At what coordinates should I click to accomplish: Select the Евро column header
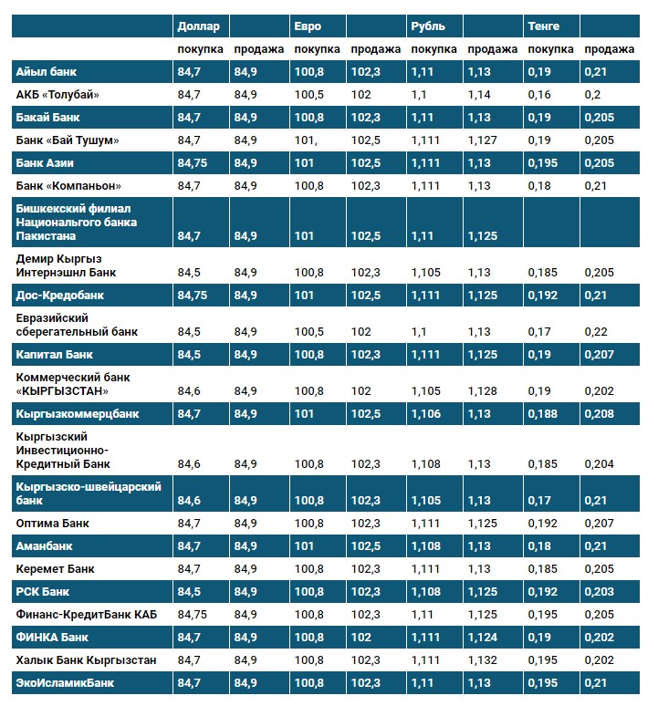pos(308,26)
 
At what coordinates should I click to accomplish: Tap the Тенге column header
pos(544,26)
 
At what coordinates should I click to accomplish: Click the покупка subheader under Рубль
pos(433,49)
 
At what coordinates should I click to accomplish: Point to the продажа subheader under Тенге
pos(610,49)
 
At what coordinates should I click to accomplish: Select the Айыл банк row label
pos(45,71)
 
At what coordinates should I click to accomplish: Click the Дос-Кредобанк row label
pos(60,296)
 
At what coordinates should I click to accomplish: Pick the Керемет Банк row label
pos(53,568)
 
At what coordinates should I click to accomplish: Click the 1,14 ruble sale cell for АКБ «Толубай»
pos(479,94)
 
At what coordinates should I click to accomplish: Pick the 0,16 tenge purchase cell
pos(539,94)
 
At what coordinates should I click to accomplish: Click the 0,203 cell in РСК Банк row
pos(600,591)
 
